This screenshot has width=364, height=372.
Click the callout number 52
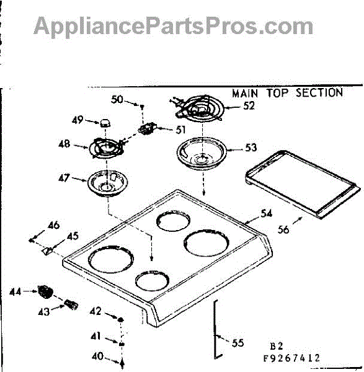(249, 106)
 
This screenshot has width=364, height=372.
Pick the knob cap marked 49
(105, 123)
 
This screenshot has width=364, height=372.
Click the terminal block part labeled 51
(147, 129)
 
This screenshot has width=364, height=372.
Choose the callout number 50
(117, 99)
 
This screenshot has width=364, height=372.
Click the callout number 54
(266, 213)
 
